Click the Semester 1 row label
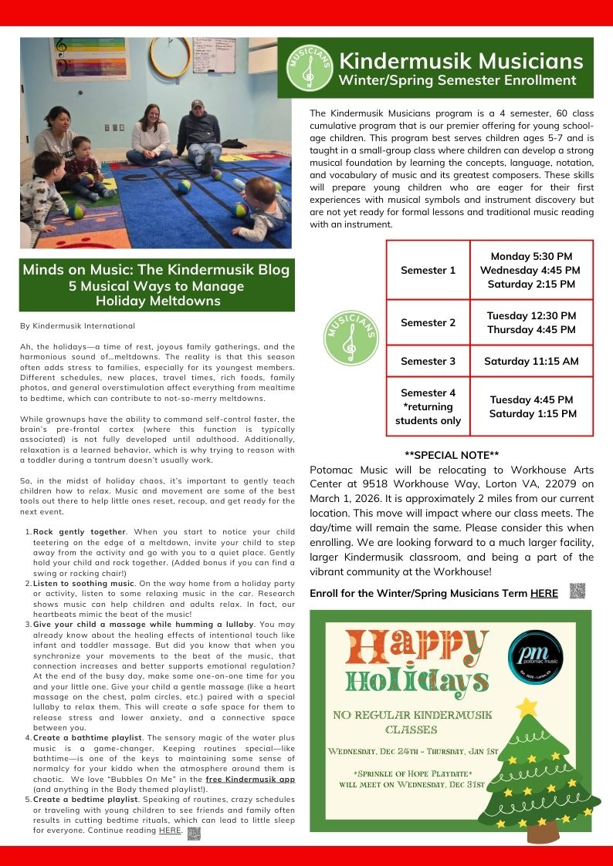[428, 270]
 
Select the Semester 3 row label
[428, 361]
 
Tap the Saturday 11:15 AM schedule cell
[531, 361]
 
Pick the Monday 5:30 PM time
[531, 256]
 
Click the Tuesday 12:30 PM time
[531, 315]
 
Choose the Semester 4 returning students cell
[428, 406]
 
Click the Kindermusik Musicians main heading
[461, 60]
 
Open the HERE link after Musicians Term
[544, 593]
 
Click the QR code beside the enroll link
[577, 591]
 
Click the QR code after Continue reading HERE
[194, 834]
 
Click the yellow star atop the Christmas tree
[527, 706]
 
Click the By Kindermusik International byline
[77, 326]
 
